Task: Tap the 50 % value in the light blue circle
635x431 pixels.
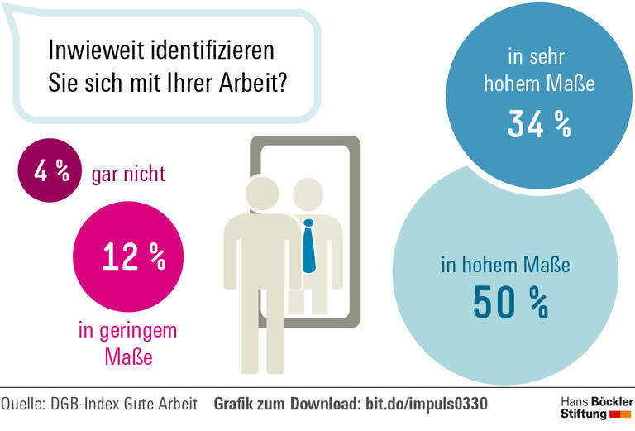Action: tap(510, 303)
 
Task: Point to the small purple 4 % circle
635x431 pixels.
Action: tap(50, 172)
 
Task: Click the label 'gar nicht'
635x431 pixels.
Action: tap(129, 174)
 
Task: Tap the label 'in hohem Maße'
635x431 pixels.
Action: tap(505, 266)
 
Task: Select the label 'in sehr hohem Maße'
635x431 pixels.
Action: tap(539, 71)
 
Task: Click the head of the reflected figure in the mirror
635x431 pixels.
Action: tap(307, 195)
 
